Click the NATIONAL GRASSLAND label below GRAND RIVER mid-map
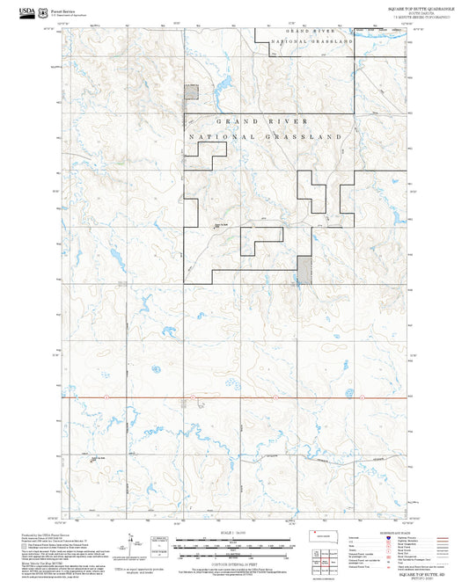(264, 137)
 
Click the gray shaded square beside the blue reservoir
(191, 92)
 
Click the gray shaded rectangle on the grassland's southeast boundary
(304, 270)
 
